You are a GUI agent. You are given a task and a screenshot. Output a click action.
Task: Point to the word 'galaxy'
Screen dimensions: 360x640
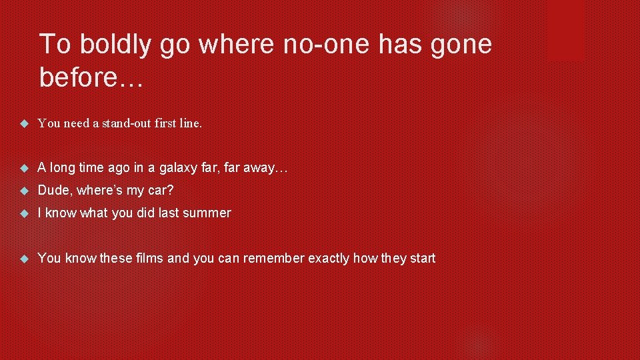175,168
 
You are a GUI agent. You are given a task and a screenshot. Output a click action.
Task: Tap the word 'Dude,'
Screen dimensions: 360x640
55,191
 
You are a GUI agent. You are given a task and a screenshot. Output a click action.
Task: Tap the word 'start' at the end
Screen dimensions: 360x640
421,258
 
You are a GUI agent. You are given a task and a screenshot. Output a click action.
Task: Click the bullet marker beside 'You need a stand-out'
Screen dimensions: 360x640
25,123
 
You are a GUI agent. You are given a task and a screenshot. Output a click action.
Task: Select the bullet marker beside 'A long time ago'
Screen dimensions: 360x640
25,168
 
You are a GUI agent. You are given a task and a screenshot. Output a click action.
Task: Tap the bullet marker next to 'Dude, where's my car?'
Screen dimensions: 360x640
25,191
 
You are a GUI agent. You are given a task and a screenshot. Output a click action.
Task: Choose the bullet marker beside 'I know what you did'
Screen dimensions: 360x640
25,213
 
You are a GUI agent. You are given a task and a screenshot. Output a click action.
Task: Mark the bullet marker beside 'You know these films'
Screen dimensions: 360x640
25,258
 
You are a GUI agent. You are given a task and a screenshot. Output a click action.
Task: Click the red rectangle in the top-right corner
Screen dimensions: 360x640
565,30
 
